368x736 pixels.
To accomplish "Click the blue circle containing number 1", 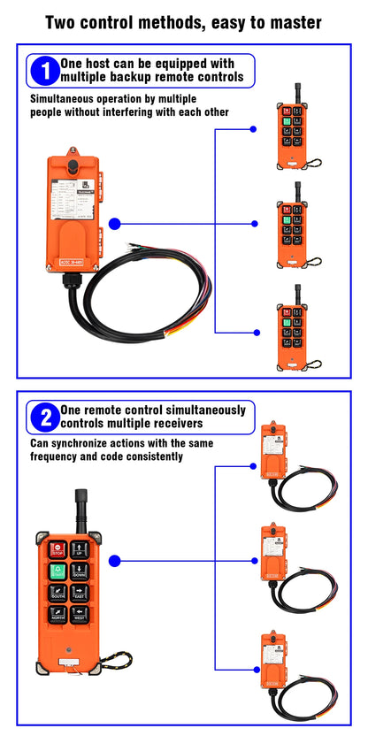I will pyautogui.click(x=43, y=71).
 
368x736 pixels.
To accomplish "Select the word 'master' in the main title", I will pyautogui.click(x=289, y=22).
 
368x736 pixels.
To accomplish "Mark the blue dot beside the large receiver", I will pyautogui.click(x=114, y=224).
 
